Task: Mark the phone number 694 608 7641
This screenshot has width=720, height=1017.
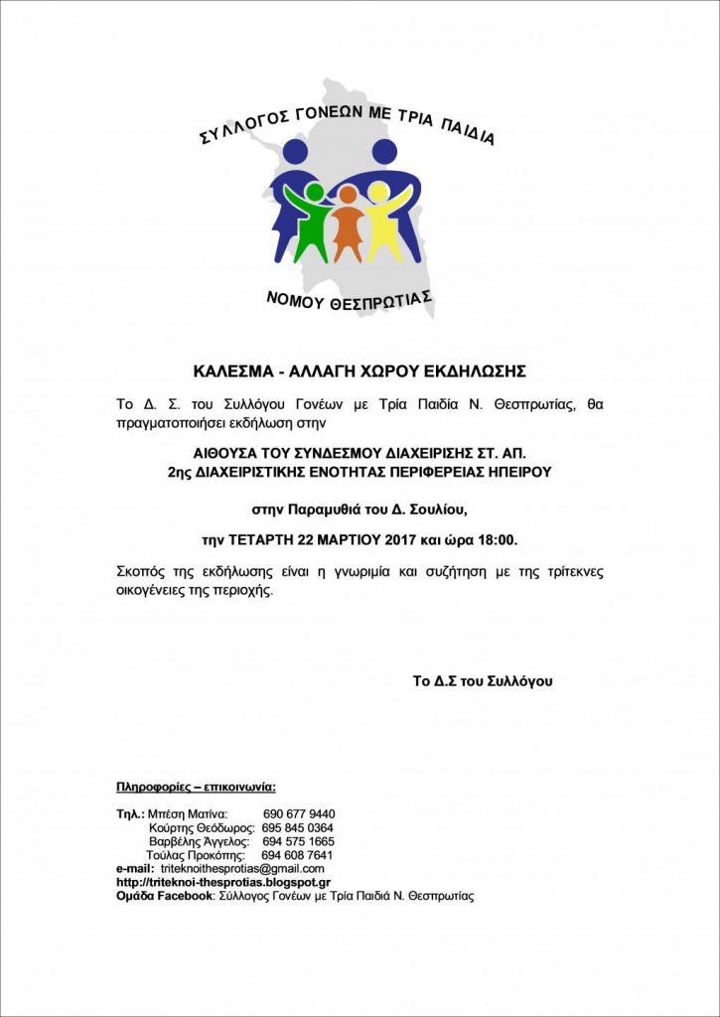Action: click(297, 855)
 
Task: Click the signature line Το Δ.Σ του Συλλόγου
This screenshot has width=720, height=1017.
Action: click(483, 681)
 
